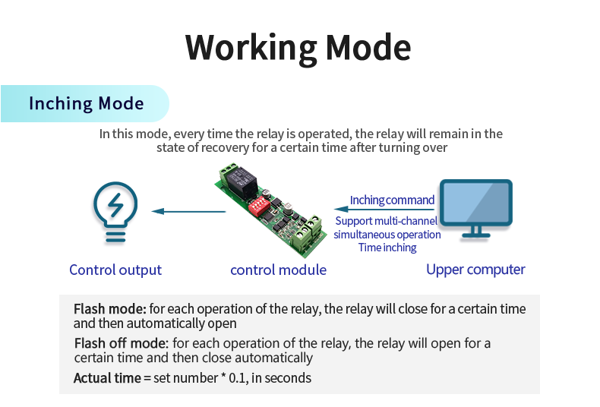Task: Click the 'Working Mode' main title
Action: tap(298, 46)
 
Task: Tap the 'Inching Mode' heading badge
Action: tap(86, 103)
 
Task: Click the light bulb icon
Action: tap(115, 211)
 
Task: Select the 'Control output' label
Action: tap(115, 270)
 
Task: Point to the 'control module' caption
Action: tap(278, 270)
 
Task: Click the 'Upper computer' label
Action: tap(475, 270)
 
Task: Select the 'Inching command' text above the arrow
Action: tap(392, 200)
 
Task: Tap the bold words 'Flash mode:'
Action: tap(109, 310)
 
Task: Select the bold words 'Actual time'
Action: tap(106, 377)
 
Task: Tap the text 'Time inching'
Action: tap(387, 248)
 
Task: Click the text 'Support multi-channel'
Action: tap(387, 222)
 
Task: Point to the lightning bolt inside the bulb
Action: tap(115, 205)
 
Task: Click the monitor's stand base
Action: tap(477, 235)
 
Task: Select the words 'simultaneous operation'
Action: tap(387, 235)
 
